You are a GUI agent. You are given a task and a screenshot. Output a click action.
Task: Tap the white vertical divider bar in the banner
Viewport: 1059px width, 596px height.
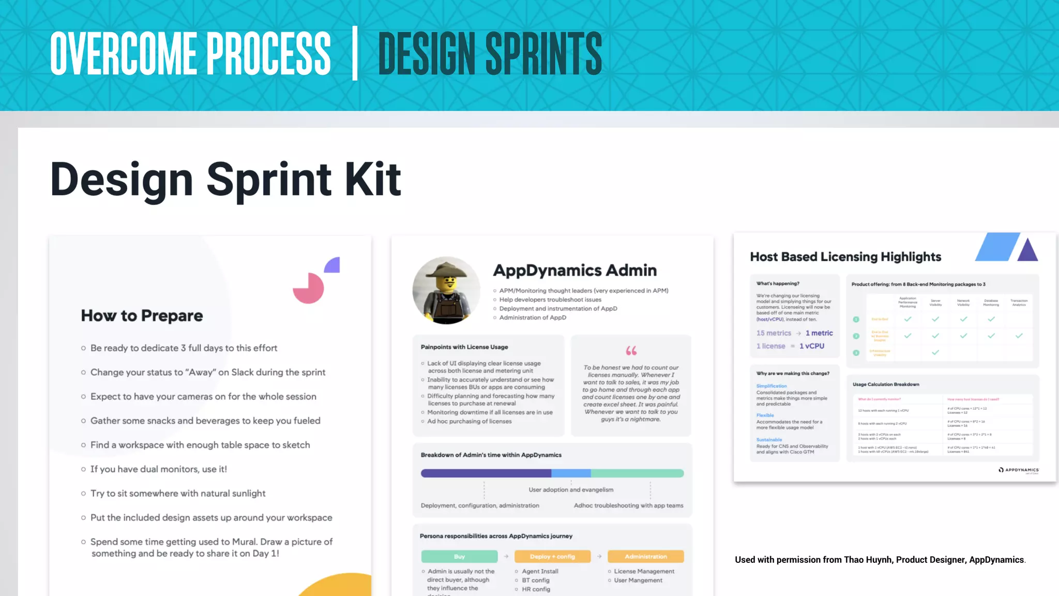click(355, 53)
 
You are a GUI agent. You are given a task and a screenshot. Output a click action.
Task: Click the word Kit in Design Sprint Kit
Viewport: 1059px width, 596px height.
click(373, 180)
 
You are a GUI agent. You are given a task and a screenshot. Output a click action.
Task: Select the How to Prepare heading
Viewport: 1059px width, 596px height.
click(142, 316)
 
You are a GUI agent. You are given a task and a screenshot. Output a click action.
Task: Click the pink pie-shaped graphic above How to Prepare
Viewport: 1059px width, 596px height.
click(308, 288)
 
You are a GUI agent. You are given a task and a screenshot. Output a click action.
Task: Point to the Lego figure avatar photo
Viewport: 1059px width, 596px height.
click(446, 290)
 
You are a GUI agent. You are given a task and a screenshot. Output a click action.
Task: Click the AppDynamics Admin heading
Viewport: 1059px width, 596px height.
click(574, 270)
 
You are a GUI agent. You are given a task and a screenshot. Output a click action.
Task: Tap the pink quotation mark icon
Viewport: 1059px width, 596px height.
click(631, 351)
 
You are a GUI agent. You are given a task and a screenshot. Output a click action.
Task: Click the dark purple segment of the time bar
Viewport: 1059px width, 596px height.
click(486, 473)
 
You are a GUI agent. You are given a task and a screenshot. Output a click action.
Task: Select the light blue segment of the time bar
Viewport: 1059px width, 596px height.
click(571, 473)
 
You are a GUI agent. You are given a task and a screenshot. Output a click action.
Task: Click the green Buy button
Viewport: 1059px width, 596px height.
click(459, 557)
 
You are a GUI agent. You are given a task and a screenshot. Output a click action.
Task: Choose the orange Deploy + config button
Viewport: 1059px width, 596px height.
click(552, 557)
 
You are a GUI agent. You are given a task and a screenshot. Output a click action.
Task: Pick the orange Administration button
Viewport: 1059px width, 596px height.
click(645, 557)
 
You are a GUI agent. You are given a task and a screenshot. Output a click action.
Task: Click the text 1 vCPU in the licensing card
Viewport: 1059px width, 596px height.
click(812, 346)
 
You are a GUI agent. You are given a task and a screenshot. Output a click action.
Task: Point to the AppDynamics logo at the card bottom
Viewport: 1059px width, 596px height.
click(1018, 470)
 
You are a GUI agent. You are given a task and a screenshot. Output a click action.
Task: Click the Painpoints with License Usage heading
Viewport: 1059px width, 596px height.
click(464, 347)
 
